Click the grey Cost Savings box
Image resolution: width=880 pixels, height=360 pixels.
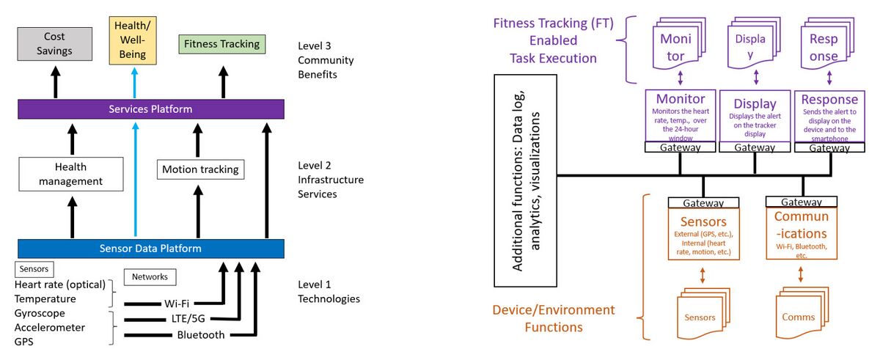[x=54, y=43]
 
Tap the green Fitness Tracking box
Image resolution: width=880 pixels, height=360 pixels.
[x=222, y=44]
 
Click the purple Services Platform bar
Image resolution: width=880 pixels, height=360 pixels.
[x=150, y=109]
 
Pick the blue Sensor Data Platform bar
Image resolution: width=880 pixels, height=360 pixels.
[x=150, y=249]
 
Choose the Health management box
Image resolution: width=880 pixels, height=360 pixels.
[x=70, y=174]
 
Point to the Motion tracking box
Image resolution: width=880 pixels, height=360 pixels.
[x=200, y=169]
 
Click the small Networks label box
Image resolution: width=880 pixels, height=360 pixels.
[x=150, y=277]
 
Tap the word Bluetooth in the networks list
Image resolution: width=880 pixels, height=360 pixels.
[x=200, y=335]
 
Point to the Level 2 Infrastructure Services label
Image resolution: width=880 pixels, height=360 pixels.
[x=330, y=179]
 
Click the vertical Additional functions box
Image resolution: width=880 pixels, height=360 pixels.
[x=527, y=181]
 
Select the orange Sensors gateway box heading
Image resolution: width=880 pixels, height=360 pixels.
[x=703, y=221]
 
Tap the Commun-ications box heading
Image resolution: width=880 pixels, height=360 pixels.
[x=801, y=224]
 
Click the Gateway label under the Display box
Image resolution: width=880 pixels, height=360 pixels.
[x=755, y=147]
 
